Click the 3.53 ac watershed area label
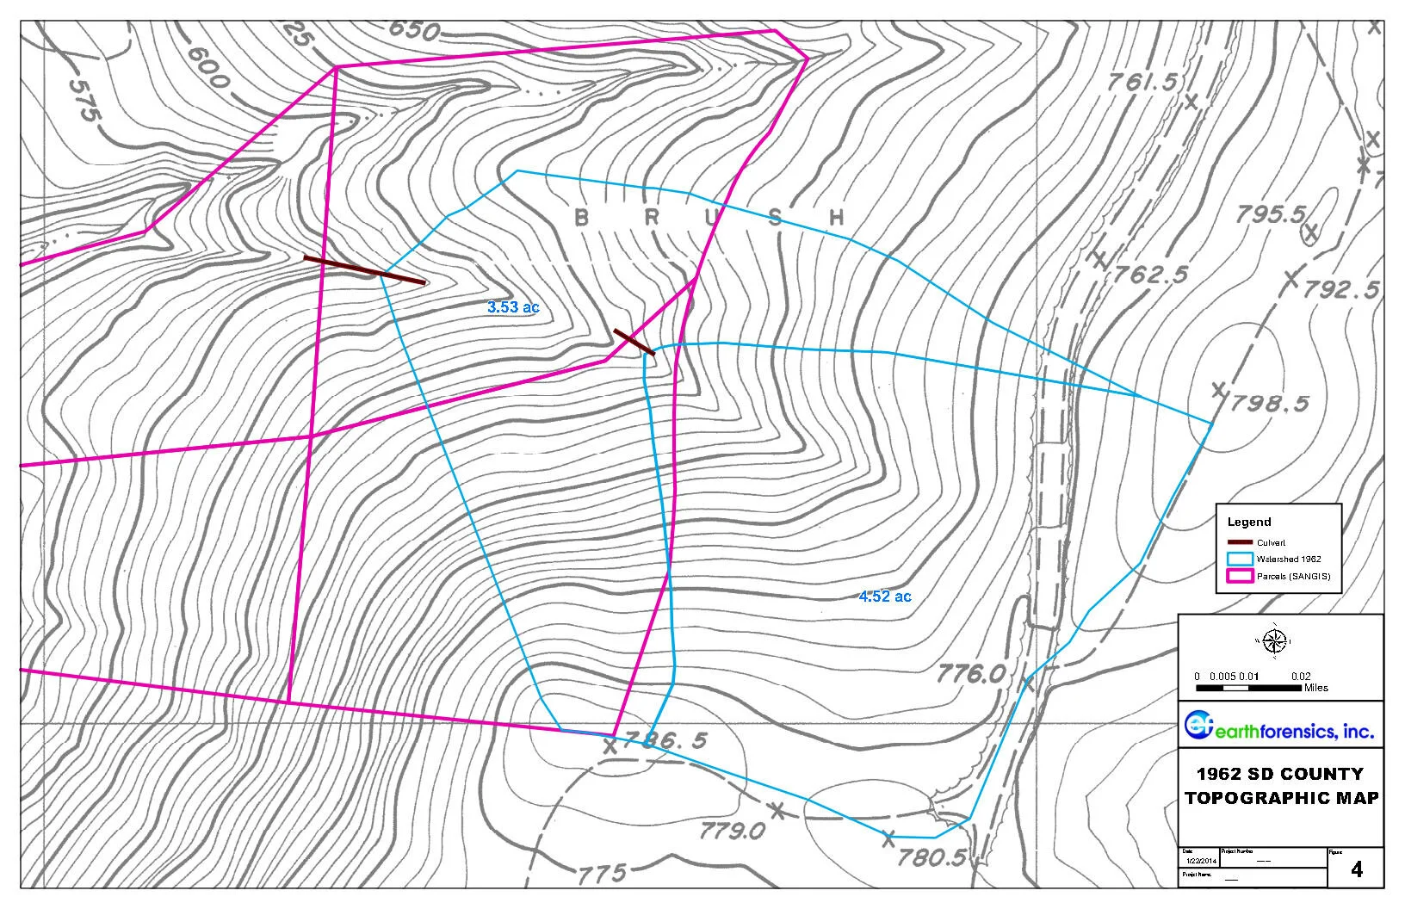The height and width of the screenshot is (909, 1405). click(x=513, y=306)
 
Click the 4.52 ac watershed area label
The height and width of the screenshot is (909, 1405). click(x=884, y=596)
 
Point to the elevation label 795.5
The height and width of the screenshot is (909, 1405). click(x=1271, y=214)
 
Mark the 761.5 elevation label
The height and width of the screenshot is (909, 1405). click(x=1142, y=83)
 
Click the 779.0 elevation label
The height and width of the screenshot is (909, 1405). click(x=732, y=830)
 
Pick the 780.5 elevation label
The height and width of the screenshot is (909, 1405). click(x=930, y=856)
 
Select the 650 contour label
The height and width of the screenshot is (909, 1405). click(x=414, y=29)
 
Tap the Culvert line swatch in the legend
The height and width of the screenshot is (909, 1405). click(x=1239, y=542)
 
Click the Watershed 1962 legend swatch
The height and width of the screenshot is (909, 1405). click(x=1239, y=559)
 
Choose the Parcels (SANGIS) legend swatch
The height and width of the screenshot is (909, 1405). click(x=1239, y=576)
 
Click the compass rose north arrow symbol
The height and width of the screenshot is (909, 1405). click(x=1276, y=640)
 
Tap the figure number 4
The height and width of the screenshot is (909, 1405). click(x=1357, y=869)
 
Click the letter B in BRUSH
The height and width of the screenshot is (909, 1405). click(x=581, y=217)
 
